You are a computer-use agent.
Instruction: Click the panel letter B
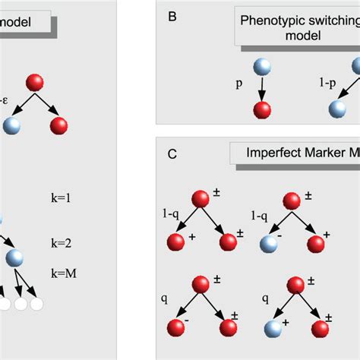pos(172,14)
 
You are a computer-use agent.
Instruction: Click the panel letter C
pos(173,153)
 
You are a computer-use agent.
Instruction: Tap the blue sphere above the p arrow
pos(261,65)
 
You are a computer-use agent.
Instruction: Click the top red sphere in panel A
pos(35,82)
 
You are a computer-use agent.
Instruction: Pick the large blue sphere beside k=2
pos(14,257)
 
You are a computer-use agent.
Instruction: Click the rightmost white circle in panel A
pos(36,304)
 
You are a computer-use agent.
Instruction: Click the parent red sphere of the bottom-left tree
pos(201,283)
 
